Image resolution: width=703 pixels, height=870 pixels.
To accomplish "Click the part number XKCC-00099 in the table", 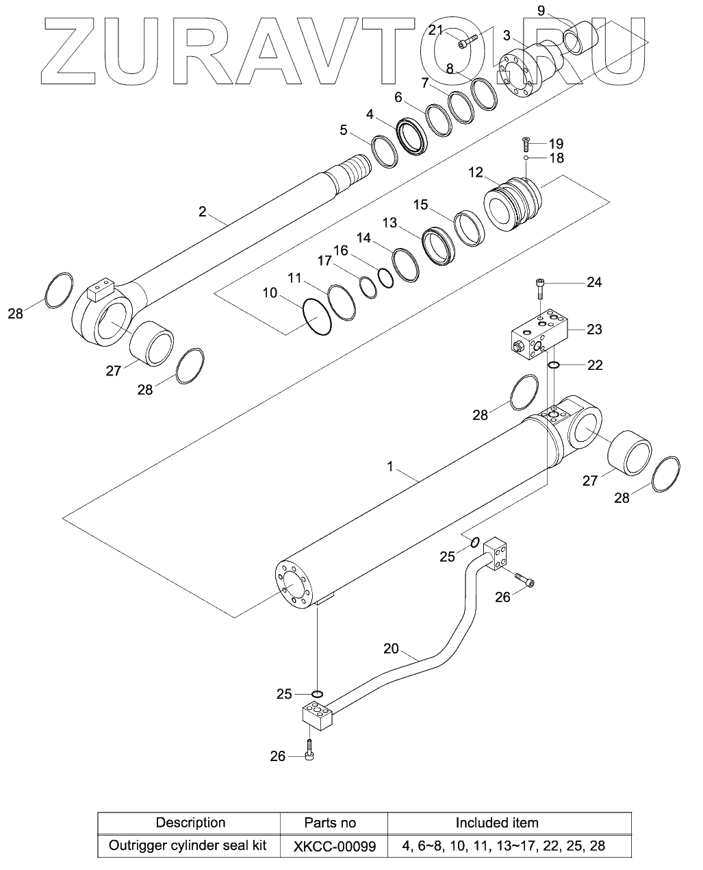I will pyautogui.click(x=335, y=846).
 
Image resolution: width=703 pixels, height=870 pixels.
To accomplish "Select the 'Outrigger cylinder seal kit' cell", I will pyautogui.click(x=188, y=845).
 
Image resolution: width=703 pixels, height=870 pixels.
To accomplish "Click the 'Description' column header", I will pyautogui.click(x=190, y=823).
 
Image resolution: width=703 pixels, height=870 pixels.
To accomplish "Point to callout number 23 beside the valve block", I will pyautogui.click(x=594, y=330).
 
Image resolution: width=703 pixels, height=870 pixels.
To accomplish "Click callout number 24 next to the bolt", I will pyautogui.click(x=593, y=282).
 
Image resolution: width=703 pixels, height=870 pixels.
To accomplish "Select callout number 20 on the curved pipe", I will pyautogui.click(x=391, y=648).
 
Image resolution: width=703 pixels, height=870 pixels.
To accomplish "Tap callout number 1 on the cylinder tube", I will pyautogui.click(x=390, y=467).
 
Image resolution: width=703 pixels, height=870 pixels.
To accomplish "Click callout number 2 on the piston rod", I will pyautogui.click(x=202, y=211).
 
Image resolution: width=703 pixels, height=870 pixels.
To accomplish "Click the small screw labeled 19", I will pyautogui.click(x=525, y=143).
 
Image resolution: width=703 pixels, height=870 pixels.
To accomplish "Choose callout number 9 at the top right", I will pyautogui.click(x=541, y=10).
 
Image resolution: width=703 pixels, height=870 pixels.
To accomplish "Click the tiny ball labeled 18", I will pyautogui.click(x=525, y=159).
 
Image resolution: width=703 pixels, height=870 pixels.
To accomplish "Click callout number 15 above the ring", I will pyautogui.click(x=420, y=204).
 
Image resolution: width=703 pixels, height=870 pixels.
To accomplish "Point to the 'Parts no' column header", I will pyautogui.click(x=330, y=823).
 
